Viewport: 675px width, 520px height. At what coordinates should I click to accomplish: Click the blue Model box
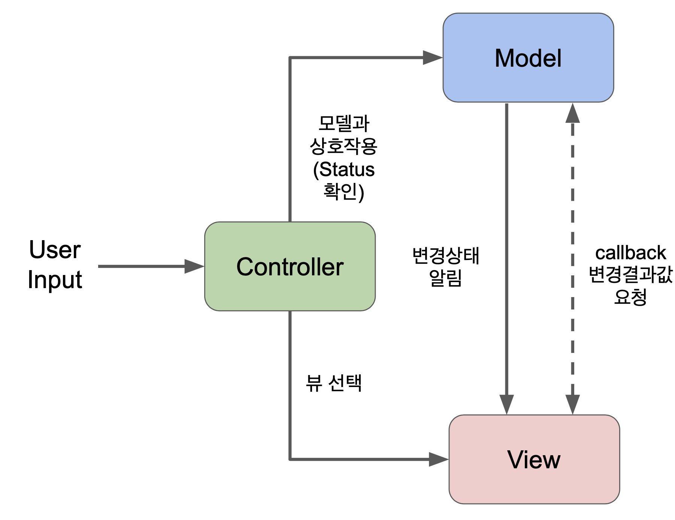pyautogui.click(x=528, y=58)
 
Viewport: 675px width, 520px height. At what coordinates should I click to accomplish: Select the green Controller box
pyautogui.click(x=290, y=266)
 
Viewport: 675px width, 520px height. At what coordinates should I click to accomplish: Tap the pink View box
pyautogui.click(x=534, y=459)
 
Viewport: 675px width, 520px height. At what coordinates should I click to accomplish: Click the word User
pyautogui.click(x=55, y=250)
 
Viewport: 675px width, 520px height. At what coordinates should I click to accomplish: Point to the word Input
pyautogui.click(x=55, y=280)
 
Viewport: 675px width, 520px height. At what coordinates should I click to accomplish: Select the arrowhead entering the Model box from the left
pyautogui.click(x=433, y=58)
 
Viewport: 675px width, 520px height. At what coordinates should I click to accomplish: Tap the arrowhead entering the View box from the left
pyautogui.click(x=438, y=459)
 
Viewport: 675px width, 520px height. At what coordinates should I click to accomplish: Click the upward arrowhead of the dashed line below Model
pyautogui.click(x=572, y=114)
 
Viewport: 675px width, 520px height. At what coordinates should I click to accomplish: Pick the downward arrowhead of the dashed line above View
pyautogui.click(x=572, y=405)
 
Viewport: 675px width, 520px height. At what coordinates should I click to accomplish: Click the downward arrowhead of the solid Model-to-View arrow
pyautogui.click(x=506, y=405)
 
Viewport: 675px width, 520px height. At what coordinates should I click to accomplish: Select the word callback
pyautogui.click(x=630, y=253)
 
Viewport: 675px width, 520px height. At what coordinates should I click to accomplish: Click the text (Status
pyautogui.click(x=343, y=169)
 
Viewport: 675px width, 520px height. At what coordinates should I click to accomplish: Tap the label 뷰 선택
pyautogui.click(x=334, y=383)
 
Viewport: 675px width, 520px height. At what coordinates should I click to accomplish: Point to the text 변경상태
pyautogui.click(x=446, y=256)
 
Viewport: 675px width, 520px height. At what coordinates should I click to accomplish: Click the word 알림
pyautogui.click(x=446, y=278)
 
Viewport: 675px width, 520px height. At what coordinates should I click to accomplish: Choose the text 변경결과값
pyautogui.click(x=630, y=275)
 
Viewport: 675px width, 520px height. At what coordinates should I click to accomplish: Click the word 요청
pyautogui.click(x=630, y=297)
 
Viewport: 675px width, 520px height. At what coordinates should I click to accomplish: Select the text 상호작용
pyautogui.click(x=343, y=146)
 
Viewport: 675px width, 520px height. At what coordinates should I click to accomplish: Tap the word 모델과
pyautogui.click(x=343, y=124)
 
